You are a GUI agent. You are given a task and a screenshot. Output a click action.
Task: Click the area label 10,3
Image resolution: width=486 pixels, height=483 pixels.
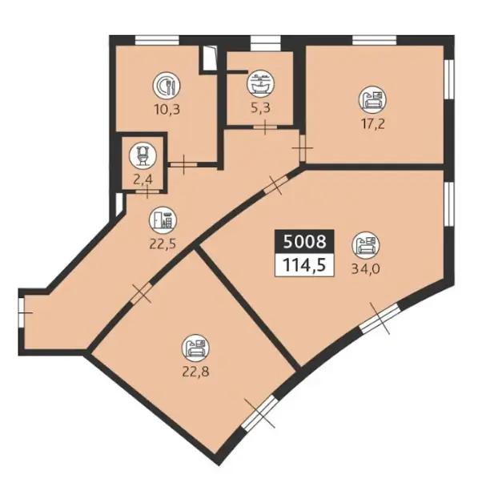click(167, 110)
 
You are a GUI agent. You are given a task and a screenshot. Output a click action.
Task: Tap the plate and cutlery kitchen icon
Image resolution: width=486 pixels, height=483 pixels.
click(167, 85)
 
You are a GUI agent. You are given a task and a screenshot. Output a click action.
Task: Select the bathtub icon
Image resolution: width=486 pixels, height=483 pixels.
click(260, 83)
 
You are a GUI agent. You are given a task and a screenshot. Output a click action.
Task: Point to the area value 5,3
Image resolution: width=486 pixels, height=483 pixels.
click(260, 108)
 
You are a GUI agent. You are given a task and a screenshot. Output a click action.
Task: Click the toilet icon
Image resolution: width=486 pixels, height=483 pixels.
click(143, 155)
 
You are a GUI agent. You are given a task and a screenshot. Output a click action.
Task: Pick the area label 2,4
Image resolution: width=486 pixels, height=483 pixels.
click(143, 179)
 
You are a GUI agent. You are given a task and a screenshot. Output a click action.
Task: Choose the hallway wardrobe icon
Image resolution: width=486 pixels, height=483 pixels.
click(163, 219)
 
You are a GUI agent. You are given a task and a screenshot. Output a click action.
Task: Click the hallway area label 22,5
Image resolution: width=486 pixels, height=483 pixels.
click(163, 244)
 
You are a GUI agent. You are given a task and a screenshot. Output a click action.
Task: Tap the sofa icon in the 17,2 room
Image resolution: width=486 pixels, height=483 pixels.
click(372, 99)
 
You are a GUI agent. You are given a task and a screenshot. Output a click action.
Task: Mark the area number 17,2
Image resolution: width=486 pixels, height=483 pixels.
click(372, 124)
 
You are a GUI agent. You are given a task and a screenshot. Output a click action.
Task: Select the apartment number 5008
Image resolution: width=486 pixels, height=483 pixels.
click(305, 242)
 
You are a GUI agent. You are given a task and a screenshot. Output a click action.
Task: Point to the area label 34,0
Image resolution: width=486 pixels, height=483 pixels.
click(366, 268)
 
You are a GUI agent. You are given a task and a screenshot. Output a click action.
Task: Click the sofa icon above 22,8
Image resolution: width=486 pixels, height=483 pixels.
click(195, 348)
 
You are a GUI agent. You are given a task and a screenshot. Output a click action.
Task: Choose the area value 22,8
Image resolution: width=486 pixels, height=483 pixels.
click(195, 372)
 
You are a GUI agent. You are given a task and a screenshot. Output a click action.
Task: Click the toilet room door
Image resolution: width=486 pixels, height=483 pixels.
click(147, 191)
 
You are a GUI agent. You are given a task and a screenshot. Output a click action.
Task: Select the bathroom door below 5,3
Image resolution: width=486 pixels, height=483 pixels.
click(265, 127)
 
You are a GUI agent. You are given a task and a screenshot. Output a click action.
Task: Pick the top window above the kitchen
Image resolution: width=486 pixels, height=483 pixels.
click(158, 41)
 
